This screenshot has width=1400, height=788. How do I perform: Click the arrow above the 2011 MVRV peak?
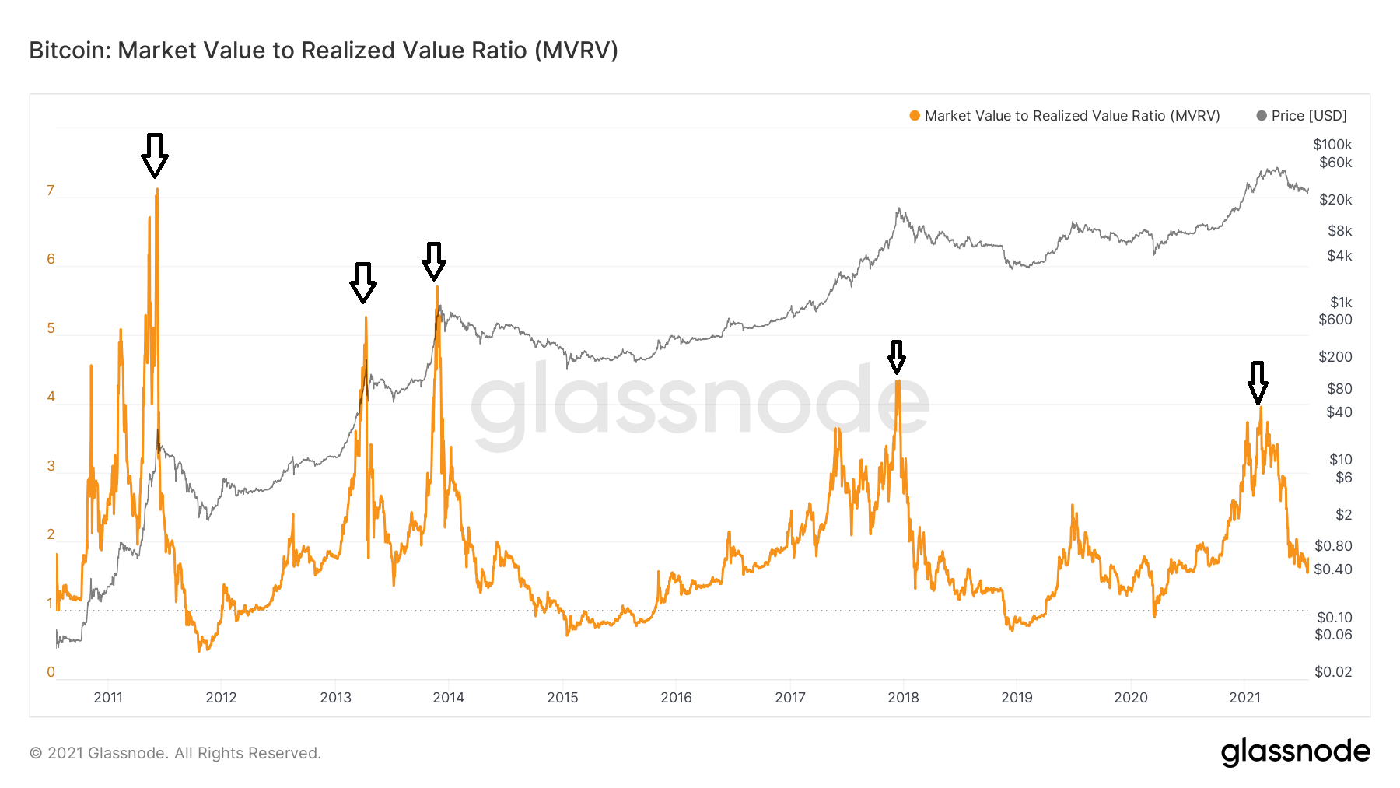coord(155,155)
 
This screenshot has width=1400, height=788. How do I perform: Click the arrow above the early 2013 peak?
coord(362,282)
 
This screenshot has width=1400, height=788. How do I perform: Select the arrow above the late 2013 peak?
coord(434,261)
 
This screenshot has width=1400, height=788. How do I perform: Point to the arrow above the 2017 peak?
coord(897,357)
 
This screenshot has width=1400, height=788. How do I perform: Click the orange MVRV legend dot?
coord(915,116)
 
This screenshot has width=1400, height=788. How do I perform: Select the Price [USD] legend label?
coord(1309,116)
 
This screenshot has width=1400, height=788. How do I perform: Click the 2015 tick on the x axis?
coord(562,697)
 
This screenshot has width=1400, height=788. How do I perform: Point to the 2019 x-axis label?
coord(1017,697)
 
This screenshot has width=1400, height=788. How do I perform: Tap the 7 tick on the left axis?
coord(51,191)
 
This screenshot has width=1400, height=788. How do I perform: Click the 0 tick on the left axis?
coord(51,672)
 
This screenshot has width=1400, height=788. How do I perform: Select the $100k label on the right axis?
coord(1332,145)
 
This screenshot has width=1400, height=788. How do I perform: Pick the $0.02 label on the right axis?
coord(1333,672)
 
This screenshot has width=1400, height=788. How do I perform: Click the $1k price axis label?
coord(1340,302)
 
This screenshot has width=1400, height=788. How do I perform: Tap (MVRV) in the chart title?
coord(576,51)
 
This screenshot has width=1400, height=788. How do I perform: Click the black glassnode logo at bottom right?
coord(1295,751)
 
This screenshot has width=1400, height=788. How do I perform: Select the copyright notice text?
coord(175,753)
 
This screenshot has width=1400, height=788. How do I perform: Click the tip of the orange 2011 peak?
coord(157,189)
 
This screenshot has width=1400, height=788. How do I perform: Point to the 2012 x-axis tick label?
coord(221,697)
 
